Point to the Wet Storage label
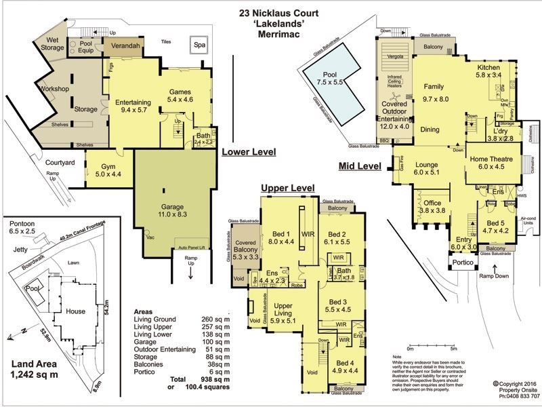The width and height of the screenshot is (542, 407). point(52,43)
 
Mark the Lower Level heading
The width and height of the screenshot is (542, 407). point(249,153)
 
